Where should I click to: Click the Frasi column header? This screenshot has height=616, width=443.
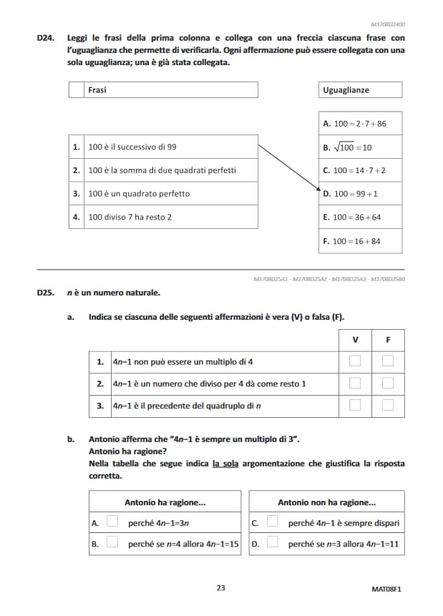[97, 90]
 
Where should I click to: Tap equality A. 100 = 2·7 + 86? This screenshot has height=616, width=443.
[359, 124]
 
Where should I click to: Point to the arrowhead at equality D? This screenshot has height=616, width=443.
[318, 192]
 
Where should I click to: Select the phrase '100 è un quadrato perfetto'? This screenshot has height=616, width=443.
[139, 194]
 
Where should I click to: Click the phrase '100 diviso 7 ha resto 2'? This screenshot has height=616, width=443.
[130, 217]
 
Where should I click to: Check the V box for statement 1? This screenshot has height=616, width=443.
[354, 361]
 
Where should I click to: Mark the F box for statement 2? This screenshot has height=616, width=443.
[388, 383]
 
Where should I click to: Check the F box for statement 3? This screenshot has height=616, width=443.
[388, 406]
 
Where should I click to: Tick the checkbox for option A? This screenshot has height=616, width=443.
[112, 522]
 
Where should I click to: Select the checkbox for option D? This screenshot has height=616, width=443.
[273, 543]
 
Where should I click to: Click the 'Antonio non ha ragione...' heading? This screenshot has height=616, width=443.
[326, 502]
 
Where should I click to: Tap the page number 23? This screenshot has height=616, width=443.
[220, 588]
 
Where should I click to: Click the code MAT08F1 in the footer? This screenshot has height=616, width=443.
[386, 589]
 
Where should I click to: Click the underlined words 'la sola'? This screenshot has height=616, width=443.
[226, 464]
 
